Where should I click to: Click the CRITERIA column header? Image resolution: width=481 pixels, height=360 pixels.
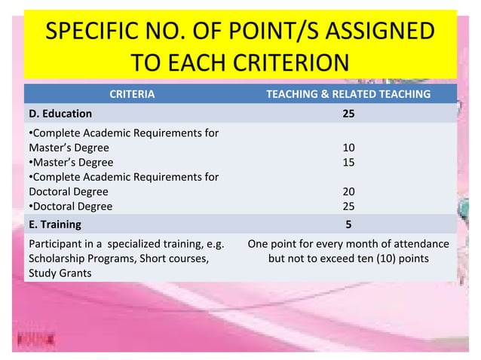(x=132, y=94)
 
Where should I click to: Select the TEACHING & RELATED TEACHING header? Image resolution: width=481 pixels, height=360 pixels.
(x=349, y=94)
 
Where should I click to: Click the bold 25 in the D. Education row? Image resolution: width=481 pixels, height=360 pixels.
(x=348, y=114)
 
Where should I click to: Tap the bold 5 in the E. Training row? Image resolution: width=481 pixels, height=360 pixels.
(x=348, y=224)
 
